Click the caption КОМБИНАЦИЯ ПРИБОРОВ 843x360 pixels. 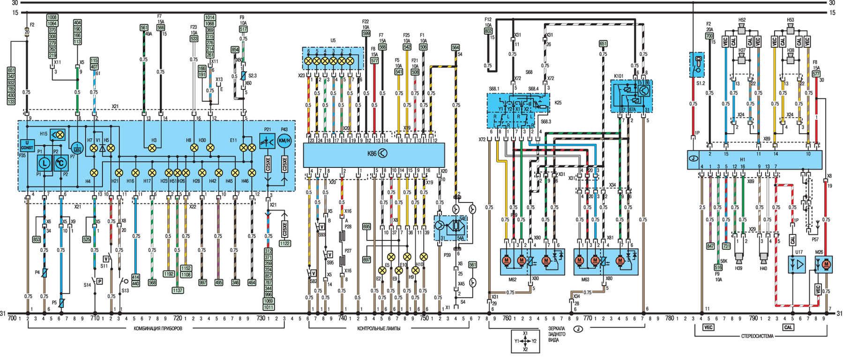pos(156,329)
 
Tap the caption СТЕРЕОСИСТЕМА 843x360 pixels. pos(754,337)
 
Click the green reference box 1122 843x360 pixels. pos(284,243)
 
